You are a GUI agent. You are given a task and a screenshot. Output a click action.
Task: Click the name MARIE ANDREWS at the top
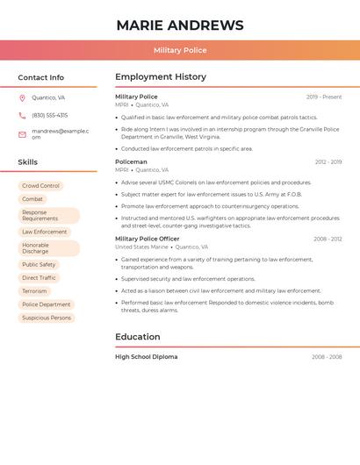pos(180,25)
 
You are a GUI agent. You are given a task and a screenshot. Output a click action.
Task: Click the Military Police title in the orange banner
pos(180,51)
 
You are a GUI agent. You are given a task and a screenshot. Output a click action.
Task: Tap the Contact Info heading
pos(40,77)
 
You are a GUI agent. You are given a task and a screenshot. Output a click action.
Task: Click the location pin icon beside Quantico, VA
pos(22,98)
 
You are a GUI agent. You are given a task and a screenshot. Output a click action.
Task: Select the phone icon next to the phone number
pos(22,116)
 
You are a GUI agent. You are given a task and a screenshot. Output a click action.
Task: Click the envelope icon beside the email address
pos(22,134)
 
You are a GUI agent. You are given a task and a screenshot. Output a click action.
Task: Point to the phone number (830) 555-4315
pos(49,116)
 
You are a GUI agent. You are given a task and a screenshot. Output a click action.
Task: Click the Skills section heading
pos(27,162)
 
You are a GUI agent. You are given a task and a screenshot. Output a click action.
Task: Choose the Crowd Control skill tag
pos(40,186)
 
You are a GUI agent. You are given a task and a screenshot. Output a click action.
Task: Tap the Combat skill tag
pos(32,199)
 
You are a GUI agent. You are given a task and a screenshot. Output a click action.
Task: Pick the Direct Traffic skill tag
pos(39,278)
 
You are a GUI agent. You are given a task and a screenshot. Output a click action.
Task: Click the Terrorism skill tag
pos(34,291)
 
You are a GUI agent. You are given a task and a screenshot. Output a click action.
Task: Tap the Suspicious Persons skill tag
pos(47,318)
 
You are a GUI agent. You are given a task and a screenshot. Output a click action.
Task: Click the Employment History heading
pos(161,77)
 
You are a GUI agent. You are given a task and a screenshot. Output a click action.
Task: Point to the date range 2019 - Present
pos(324,97)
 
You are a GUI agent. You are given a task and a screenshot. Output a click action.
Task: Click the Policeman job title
pos(131,162)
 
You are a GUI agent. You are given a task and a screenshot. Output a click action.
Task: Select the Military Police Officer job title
pos(147,239)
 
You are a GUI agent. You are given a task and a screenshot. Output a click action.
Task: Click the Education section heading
pos(138,337)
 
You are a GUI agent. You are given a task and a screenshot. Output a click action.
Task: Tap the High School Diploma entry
pos(146,357)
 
